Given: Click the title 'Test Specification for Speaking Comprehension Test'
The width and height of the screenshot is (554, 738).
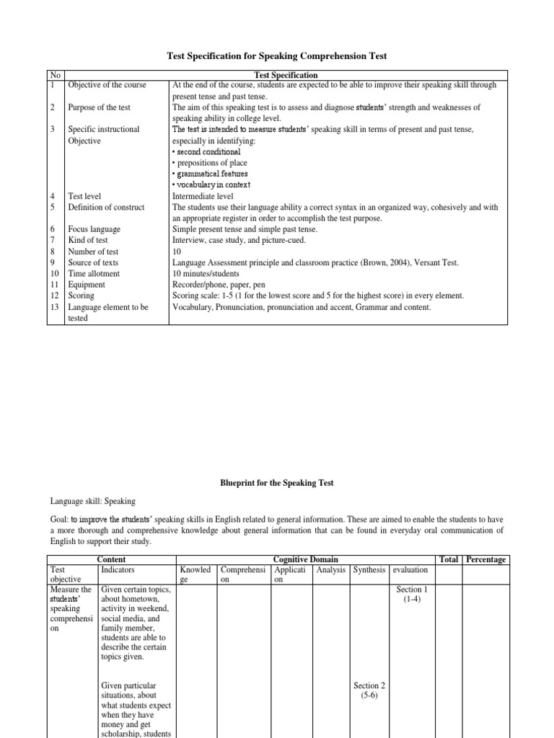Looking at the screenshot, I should click(277, 55).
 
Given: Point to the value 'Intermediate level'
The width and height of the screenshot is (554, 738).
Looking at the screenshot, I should click(203, 196).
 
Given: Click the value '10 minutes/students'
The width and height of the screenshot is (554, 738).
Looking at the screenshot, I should click(206, 274).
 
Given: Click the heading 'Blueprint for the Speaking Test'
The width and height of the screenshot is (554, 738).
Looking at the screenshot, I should click(277, 484).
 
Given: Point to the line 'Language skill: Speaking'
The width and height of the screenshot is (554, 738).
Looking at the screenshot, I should click(92, 501).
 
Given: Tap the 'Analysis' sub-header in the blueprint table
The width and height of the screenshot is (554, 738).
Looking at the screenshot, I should click(331, 570).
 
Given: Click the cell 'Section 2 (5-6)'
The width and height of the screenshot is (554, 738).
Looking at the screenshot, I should click(369, 691).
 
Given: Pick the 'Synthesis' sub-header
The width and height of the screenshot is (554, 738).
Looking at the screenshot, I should click(369, 570).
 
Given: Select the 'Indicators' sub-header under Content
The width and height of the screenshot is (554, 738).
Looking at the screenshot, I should click(118, 570).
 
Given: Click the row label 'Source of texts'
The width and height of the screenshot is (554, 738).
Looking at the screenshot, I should click(93, 263).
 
